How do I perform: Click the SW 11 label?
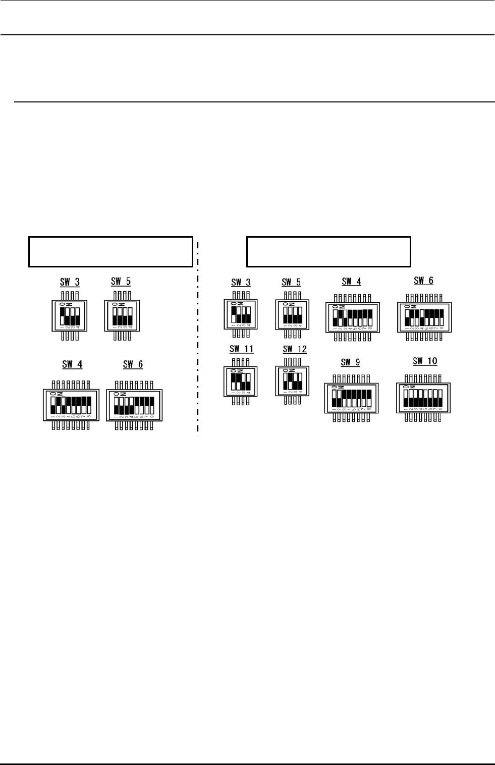242,349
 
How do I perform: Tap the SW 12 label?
295,349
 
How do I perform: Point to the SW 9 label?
351,362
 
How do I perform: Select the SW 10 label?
425,361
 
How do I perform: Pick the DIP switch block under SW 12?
292,381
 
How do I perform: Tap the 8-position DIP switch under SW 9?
351,398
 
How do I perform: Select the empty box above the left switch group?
111,251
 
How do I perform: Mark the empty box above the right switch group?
328,251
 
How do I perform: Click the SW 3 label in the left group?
70,282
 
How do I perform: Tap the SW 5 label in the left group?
121,281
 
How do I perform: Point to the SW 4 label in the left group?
72,364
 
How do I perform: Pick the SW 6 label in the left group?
133,364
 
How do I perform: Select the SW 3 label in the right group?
241,283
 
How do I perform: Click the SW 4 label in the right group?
351,282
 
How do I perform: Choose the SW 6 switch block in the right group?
424,318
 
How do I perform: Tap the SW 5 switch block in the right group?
292,316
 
